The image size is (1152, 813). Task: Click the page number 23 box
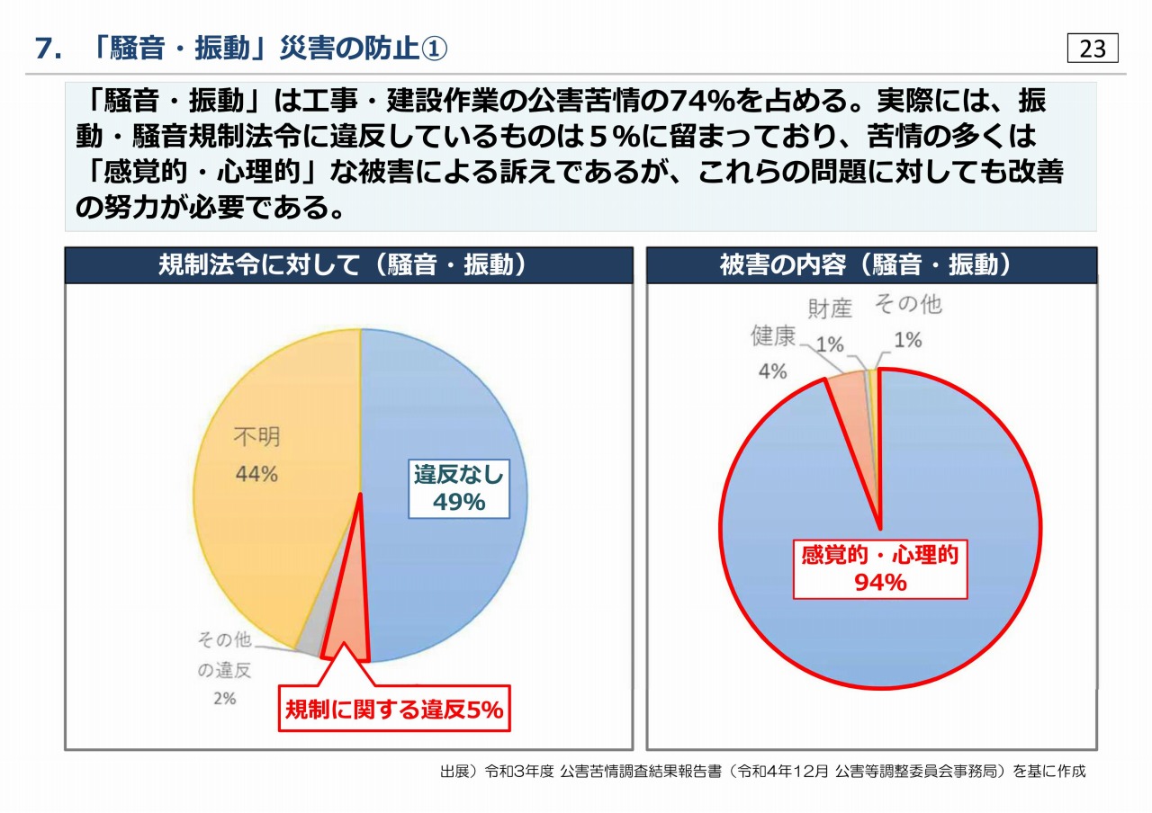pyautogui.click(x=1093, y=49)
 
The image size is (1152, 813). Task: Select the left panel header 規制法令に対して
pyautogui.click(x=347, y=266)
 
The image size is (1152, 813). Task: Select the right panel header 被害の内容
pyautogui.click(x=871, y=266)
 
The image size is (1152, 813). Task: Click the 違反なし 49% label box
pyautogui.click(x=459, y=488)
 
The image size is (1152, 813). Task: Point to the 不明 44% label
pyautogui.click(x=256, y=455)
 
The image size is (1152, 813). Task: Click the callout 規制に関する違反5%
pyautogui.click(x=393, y=710)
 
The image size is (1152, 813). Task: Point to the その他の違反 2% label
pyautogui.click(x=225, y=669)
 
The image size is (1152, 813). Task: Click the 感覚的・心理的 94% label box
pyautogui.click(x=879, y=568)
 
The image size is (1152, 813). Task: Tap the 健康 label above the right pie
pyautogui.click(x=773, y=337)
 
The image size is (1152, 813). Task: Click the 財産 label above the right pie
pyautogui.click(x=829, y=308)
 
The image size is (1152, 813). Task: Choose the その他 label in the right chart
pyautogui.click(x=908, y=305)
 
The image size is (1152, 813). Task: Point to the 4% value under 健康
pyautogui.click(x=772, y=371)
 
